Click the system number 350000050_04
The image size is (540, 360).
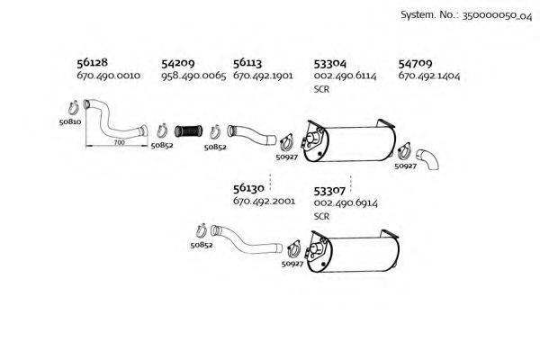point(497,15)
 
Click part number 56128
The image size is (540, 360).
point(92,62)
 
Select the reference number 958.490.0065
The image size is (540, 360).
point(193,76)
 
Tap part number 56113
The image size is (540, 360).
point(247,63)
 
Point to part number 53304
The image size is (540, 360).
point(329,63)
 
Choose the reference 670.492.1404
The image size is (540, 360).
point(428,76)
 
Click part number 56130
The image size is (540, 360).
point(248,188)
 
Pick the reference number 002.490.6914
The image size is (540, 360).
point(346,203)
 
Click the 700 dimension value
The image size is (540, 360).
point(119,142)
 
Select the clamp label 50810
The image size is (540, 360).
point(70,121)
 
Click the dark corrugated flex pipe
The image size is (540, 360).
point(188,131)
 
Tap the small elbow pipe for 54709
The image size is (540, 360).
point(427,159)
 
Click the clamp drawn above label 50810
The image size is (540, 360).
point(74,107)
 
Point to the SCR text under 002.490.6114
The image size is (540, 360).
point(321,89)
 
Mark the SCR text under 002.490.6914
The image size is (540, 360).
point(321,216)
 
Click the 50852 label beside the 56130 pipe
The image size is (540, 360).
point(202,246)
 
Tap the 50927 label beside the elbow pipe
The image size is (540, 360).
point(405,166)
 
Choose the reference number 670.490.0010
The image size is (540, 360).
point(109,76)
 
